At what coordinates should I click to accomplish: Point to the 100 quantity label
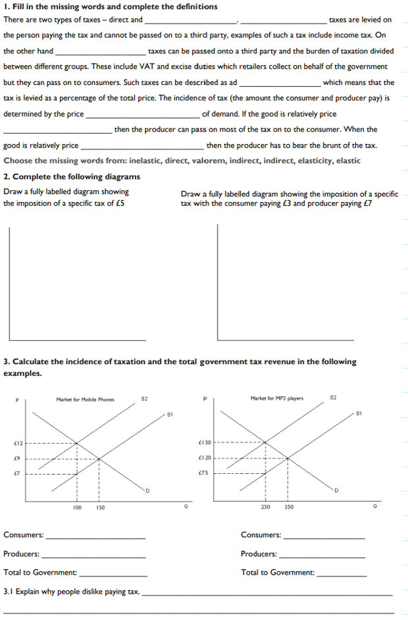(x=77, y=507)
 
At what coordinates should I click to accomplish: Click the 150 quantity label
(x=100, y=507)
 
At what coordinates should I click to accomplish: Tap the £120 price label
(x=204, y=457)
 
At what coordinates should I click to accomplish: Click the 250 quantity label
(x=265, y=507)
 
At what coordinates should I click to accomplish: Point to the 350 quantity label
(x=289, y=507)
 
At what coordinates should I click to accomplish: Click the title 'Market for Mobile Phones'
(x=85, y=400)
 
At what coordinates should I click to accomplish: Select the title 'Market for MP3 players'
(x=276, y=398)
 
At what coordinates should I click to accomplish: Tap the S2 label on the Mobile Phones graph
(x=145, y=399)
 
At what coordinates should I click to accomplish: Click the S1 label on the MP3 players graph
(x=359, y=413)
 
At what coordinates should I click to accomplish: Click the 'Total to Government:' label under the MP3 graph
(x=277, y=573)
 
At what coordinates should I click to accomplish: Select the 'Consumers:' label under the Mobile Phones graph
(x=24, y=535)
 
